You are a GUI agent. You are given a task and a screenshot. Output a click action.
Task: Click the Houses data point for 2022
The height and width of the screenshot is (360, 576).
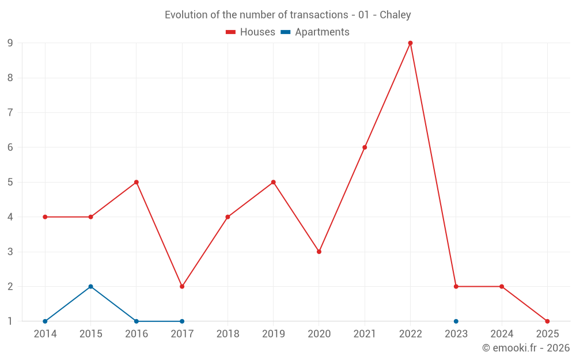click(x=410, y=43)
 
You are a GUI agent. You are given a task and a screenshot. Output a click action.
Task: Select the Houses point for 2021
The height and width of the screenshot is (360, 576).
click(x=365, y=147)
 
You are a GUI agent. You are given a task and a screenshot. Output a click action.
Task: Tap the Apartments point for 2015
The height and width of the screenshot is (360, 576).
click(x=90, y=286)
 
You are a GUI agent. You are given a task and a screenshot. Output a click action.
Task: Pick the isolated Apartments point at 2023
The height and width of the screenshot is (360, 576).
click(x=456, y=321)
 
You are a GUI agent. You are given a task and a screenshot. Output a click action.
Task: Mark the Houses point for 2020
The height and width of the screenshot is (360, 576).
click(x=319, y=252)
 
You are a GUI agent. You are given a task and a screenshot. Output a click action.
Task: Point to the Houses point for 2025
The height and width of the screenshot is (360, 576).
click(x=547, y=321)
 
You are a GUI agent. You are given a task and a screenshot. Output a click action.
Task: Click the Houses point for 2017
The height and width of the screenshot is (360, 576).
click(x=182, y=286)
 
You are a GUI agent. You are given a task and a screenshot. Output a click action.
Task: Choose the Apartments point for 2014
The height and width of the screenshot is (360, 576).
click(x=45, y=321)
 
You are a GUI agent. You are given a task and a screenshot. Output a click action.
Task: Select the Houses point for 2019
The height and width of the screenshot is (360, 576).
click(x=273, y=182)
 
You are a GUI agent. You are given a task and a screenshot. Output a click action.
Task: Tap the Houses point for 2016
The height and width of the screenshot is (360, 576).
click(x=137, y=182)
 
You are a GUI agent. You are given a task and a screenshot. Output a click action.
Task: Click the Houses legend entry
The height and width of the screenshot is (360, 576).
click(x=251, y=32)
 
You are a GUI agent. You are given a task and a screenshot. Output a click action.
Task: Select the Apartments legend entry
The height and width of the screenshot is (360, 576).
click(x=314, y=32)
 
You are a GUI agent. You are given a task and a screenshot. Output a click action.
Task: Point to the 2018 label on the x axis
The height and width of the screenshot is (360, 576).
click(x=228, y=334)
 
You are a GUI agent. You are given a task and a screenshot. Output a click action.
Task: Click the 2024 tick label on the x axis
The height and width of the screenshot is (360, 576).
click(x=502, y=334)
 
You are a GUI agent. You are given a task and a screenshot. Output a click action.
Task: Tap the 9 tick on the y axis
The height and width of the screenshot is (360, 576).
click(x=10, y=43)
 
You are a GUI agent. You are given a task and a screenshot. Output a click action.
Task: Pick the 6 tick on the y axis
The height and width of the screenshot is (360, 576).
click(x=10, y=147)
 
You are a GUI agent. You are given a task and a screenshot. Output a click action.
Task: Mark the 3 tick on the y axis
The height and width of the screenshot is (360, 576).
click(x=10, y=252)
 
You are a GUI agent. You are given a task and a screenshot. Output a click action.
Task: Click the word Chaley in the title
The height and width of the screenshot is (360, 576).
click(x=395, y=15)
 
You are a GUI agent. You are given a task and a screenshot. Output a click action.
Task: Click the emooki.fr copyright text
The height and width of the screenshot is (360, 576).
click(x=526, y=348)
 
